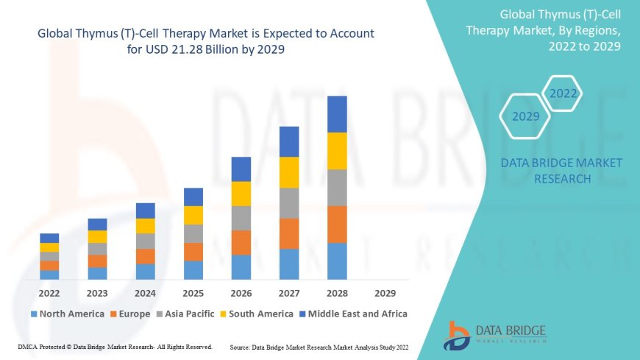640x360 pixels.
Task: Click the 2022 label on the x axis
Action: [49, 292]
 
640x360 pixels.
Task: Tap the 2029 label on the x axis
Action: [384, 292]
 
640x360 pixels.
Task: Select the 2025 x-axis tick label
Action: [193, 292]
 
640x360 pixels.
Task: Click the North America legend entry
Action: [67, 314]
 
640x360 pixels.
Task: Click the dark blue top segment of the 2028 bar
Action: [337, 114]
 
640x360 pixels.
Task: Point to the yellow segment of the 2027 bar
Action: [289, 172]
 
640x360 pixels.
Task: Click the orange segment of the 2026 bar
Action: [241, 242]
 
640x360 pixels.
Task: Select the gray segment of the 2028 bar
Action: [337, 187]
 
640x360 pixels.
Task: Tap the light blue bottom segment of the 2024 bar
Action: [146, 272]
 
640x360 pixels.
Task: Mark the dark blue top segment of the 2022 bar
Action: [49, 238]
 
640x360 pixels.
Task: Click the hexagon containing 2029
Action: [525, 116]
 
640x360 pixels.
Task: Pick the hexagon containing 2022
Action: [563, 93]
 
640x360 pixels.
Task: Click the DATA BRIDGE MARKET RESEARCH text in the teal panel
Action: [561, 170]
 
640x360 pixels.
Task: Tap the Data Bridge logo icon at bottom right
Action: [457, 335]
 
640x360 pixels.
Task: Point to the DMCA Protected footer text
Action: [115, 346]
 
